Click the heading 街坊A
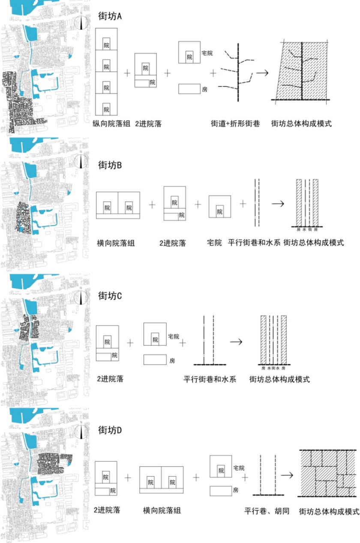[x=111, y=17]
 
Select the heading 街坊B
[x=111, y=165]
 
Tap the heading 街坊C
[x=111, y=296]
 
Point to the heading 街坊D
[x=111, y=430]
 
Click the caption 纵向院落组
[x=111, y=124]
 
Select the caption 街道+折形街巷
[x=235, y=124]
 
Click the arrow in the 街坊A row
[x=262, y=73]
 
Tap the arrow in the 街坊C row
[x=236, y=342]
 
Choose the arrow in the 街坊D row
[x=287, y=475]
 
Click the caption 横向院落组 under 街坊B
[x=116, y=243]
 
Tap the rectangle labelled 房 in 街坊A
[x=189, y=89]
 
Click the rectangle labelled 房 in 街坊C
[x=155, y=360]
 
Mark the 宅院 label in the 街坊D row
[x=239, y=468]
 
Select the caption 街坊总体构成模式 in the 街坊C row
[x=279, y=380]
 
